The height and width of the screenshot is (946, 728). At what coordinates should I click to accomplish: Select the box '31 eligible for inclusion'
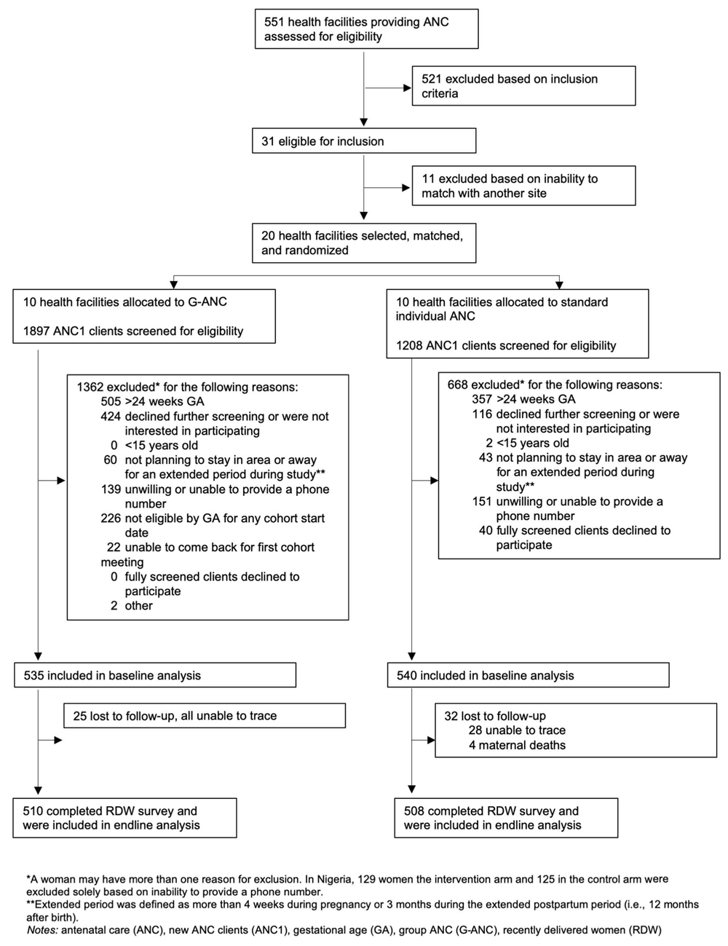pyautogui.click(x=364, y=141)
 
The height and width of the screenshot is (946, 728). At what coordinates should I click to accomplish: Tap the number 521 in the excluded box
pyautogui.click(x=432, y=79)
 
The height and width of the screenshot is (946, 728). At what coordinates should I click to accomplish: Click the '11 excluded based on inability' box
pyautogui.click(x=523, y=186)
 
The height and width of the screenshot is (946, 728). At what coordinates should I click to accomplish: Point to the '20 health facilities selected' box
pyautogui.click(x=364, y=243)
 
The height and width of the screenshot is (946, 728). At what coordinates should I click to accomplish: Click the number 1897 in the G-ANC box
pyautogui.click(x=36, y=331)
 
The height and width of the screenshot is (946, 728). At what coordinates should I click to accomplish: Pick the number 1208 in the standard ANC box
pyautogui.click(x=409, y=346)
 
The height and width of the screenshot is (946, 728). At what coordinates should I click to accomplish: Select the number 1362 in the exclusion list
pyautogui.click(x=90, y=387)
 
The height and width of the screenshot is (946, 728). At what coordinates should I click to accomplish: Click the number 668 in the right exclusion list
pyautogui.click(x=457, y=385)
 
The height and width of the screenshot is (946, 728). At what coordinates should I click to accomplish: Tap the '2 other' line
pyautogui.click(x=132, y=606)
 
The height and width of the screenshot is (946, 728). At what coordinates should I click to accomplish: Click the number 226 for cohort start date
pyautogui.click(x=111, y=518)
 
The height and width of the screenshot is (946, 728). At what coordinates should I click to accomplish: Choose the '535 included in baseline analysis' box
pyautogui.click(x=155, y=675)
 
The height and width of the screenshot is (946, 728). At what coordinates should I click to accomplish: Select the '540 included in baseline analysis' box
pyautogui.click(x=529, y=675)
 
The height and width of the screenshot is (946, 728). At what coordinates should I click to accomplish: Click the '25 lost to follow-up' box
pyautogui.click(x=205, y=715)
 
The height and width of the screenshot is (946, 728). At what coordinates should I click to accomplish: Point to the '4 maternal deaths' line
pyautogui.click(x=517, y=745)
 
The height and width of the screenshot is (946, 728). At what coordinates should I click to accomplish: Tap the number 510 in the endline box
pyautogui.click(x=33, y=811)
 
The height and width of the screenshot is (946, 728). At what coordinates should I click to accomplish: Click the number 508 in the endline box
pyautogui.click(x=414, y=811)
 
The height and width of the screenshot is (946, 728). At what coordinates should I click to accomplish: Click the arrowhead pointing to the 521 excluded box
pyautogui.click(x=408, y=88)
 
